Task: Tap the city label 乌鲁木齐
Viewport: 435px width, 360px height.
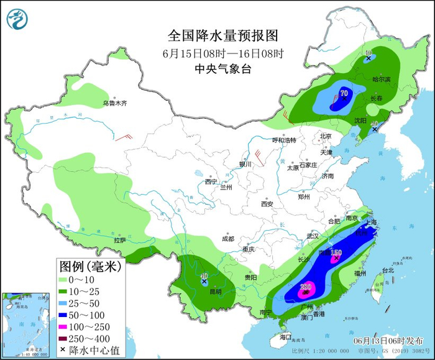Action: click(114, 103)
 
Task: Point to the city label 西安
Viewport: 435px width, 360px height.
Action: click(267, 203)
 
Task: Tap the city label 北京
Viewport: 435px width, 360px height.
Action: click(326, 136)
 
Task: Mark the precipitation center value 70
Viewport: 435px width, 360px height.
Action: click(343, 93)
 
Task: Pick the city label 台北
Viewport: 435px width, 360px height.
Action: click(388, 270)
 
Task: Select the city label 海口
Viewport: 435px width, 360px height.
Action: click(285, 337)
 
